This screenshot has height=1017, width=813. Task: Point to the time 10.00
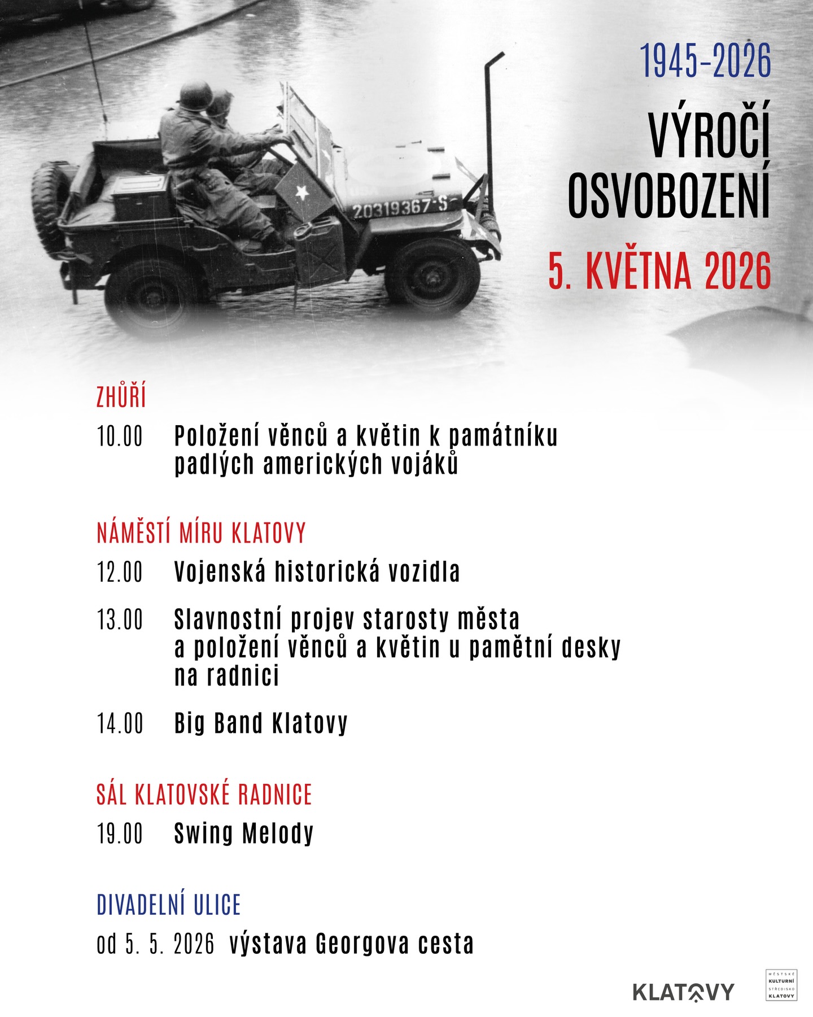click(120, 437)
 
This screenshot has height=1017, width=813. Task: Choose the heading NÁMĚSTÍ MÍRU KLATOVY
click(202, 533)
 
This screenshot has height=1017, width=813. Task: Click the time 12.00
click(120, 572)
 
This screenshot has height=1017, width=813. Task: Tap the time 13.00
click(120, 619)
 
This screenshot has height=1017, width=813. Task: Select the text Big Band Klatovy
click(261, 723)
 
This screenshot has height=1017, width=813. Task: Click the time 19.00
click(120, 833)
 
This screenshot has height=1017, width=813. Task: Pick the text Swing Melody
click(244, 833)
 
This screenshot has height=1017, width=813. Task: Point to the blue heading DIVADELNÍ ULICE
click(169, 905)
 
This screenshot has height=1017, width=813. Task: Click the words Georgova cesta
click(395, 944)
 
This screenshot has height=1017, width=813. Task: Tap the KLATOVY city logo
click(683, 992)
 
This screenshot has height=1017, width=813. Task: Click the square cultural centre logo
click(781, 985)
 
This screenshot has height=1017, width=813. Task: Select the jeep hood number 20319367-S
click(400, 208)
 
